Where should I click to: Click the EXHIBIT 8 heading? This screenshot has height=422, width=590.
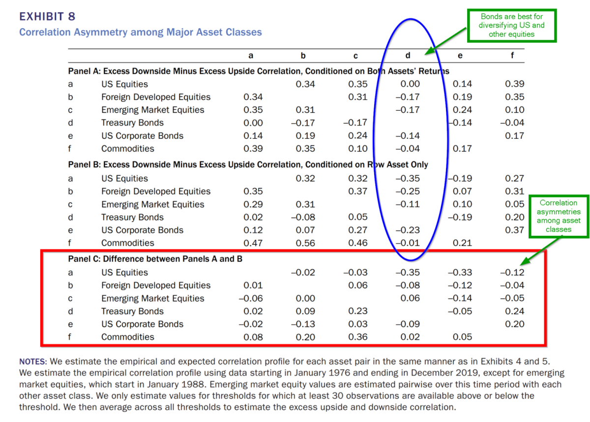47,17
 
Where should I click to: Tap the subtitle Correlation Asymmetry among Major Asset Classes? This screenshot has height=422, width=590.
140,32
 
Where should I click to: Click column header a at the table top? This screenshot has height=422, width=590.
251,56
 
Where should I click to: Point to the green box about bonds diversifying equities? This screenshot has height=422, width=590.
511,25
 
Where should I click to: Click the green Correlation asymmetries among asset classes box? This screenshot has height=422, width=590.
558,216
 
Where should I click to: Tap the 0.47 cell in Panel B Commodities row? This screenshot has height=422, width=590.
253,243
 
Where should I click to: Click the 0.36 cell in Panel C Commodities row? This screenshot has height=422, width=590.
357,337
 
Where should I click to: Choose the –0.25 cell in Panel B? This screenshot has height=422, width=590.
407,192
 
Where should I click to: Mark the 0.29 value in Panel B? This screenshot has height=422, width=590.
253,204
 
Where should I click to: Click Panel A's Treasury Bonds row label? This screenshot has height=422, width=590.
132,123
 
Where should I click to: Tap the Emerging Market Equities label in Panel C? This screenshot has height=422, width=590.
152,298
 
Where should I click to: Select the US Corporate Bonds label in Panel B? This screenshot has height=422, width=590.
142,230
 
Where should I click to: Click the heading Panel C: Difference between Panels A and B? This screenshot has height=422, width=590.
155,259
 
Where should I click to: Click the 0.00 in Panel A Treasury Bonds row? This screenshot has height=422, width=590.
253,123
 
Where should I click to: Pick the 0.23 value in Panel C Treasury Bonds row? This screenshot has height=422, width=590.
357,311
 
